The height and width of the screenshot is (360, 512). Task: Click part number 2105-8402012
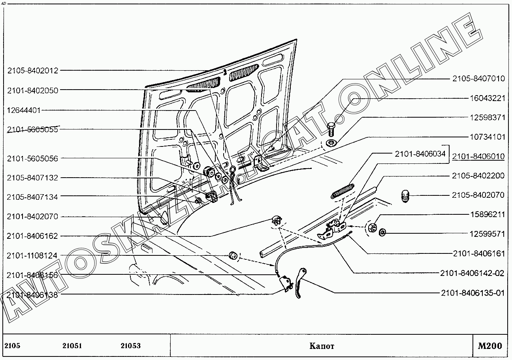coord(32,71)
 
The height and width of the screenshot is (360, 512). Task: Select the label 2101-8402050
coord(32,90)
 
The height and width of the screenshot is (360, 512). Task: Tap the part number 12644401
coord(24,110)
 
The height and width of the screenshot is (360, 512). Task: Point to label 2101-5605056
coord(32,159)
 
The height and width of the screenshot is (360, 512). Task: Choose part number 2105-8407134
coord(32,197)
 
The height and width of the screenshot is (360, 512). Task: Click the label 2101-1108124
coord(32,256)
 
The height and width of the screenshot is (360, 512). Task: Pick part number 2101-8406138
coord(32,294)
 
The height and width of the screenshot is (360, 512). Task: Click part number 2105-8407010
coord(478,79)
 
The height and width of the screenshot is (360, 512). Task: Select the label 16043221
coord(487,98)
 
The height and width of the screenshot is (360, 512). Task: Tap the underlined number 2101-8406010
coord(478,157)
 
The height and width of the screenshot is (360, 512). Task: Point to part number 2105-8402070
coord(478,195)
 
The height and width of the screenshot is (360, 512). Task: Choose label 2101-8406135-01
coord(473,293)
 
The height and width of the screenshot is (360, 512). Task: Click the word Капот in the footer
coord(322,346)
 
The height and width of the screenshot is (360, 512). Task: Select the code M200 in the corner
coord(490,346)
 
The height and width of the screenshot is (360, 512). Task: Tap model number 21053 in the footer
coord(130,346)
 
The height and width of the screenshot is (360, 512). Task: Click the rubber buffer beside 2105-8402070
coord(405,196)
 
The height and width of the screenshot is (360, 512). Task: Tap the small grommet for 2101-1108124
coord(233,255)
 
